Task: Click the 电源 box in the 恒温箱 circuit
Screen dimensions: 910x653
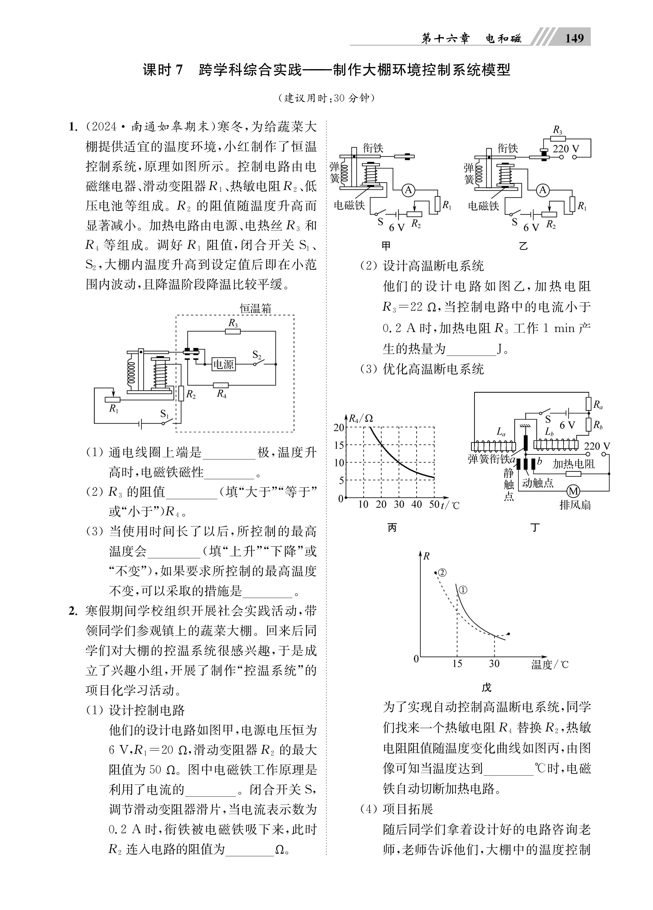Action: click(x=223, y=364)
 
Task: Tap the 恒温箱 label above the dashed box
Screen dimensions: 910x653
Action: click(x=256, y=308)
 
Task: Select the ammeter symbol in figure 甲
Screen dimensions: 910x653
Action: click(x=408, y=190)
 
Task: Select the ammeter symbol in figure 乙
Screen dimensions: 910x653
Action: click(x=543, y=190)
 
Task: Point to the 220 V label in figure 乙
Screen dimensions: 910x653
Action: click(x=566, y=149)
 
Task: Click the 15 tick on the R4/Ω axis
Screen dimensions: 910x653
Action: click(x=339, y=445)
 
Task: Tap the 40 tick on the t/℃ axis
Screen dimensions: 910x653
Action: click(x=416, y=504)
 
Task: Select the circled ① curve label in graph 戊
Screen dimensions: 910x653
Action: click(x=463, y=590)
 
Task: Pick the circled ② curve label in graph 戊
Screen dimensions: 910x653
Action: click(x=442, y=573)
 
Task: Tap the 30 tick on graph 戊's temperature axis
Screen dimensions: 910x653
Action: click(x=494, y=664)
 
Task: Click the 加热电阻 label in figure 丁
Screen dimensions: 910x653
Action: click(x=574, y=464)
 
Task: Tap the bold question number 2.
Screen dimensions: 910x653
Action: click(x=73, y=611)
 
